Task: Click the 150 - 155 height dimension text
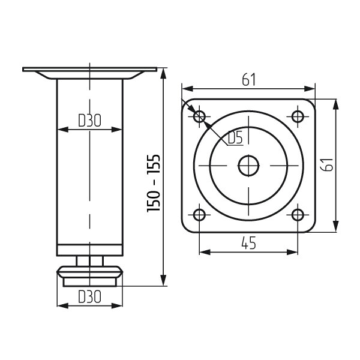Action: [x=154, y=183]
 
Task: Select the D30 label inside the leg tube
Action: [x=89, y=121]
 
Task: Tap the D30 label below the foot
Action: [x=89, y=296]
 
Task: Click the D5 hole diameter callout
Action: [x=235, y=137]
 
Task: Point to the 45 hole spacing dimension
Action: [x=248, y=243]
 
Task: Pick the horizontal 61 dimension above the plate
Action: [x=248, y=80]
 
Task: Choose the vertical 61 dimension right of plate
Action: [x=327, y=164]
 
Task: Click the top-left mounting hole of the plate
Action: [x=199, y=116]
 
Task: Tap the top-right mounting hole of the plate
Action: [x=298, y=116]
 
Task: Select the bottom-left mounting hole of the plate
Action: [x=199, y=215]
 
